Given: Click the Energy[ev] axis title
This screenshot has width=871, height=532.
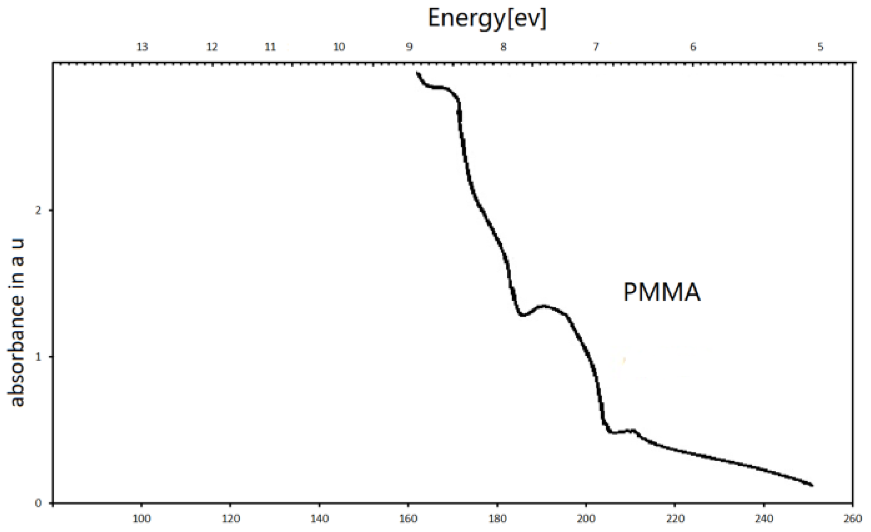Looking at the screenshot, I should coord(486,18).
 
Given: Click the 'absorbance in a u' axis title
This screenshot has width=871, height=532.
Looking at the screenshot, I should coord(17,322).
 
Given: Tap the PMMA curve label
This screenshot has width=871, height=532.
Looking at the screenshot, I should coord(662,292).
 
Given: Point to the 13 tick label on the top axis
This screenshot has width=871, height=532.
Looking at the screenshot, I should coord(142,47).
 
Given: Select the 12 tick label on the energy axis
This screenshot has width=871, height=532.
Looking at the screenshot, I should coord(212,47).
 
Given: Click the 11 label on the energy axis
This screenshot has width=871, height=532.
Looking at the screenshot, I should coord(270,47).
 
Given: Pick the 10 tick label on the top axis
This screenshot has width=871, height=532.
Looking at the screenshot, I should coord(339,47).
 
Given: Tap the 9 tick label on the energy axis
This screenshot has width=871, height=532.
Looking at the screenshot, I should coord(409,47).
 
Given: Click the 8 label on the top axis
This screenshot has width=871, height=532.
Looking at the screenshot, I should coord(504,47).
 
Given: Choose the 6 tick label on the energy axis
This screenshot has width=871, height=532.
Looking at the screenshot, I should coord(693,47).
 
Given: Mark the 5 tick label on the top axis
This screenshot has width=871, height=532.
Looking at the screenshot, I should coord(821,47).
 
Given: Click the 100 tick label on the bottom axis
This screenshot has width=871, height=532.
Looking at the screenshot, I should coord(142,519).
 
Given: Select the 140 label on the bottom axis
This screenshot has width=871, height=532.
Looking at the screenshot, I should coord(320,519).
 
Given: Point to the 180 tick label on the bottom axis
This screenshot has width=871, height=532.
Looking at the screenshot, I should coord(498,519).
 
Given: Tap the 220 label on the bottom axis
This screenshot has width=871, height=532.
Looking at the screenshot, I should coord(675,519).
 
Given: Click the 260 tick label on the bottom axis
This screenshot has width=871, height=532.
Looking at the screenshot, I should coord(853,519).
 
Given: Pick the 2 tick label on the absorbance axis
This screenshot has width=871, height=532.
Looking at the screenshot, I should coord(38,210).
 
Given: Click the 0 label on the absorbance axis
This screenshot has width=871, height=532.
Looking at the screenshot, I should coord(38,503).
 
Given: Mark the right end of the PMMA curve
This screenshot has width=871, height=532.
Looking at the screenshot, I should coord(811,485).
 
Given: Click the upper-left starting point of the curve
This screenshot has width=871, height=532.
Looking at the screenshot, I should coord(417,73).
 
